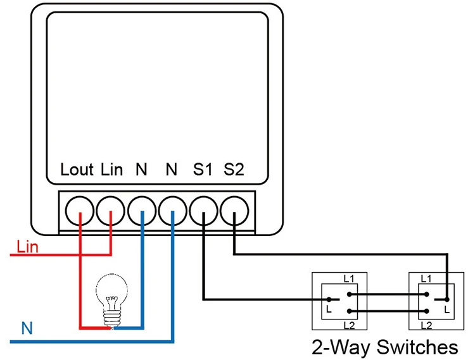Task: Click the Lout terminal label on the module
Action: click(x=77, y=170)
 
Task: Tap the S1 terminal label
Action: click(x=203, y=170)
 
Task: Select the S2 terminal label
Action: click(x=234, y=170)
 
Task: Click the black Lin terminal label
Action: click(x=111, y=170)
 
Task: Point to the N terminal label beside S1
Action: click(x=172, y=170)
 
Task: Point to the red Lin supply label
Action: click(x=27, y=247)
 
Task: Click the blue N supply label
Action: click(x=27, y=328)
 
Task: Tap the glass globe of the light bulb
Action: click(x=111, y=287)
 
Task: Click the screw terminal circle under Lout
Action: click(x=80, y=211)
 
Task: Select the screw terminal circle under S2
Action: click(x=234, y=211)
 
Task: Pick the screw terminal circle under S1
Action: click(x=203, y=211)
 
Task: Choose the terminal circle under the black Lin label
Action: click(x=111, y=211)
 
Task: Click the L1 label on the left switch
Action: click(x=349, y=278)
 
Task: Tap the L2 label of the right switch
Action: click(x=426, y=325)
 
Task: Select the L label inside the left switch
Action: click(x=329, y=309)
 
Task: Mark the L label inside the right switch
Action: click(x=447, y=309)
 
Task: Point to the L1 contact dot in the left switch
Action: click(x=349, y=294)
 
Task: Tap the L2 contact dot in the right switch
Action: click(x=426, y=311)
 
